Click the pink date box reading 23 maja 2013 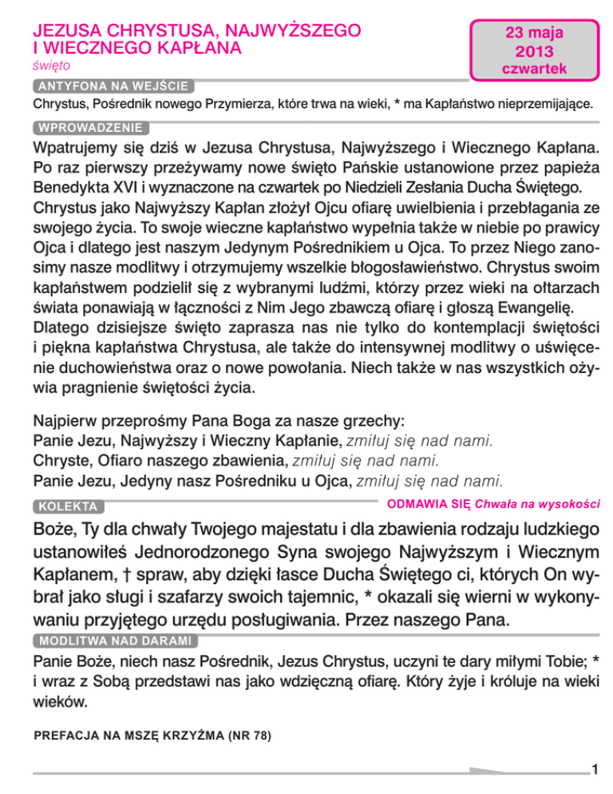tap(534, 46)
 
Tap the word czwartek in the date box tap(534, 69)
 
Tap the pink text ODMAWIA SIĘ tap(428, 503)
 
